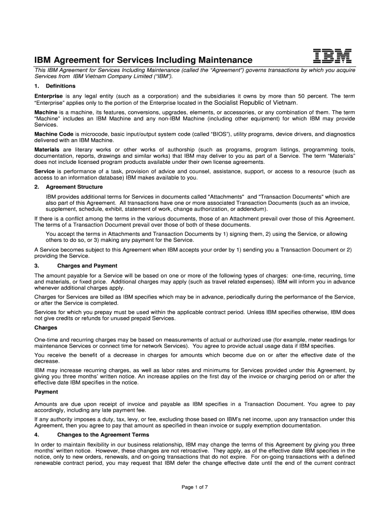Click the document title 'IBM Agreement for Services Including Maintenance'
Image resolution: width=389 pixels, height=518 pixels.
[x=143, y=60]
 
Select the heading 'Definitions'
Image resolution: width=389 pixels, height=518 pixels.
[x=61, y=86]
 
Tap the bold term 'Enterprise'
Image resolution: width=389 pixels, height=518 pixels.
[x=48, y=96]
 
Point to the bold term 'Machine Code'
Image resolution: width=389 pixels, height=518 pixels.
[x=53, y=134]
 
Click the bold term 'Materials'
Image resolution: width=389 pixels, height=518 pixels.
[x=46, y=150]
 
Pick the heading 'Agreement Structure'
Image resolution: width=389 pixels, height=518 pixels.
[x=74, y=187]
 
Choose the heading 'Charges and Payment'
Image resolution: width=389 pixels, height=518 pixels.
[x=87, y=266]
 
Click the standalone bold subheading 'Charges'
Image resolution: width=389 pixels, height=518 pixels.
[x=46, y=327]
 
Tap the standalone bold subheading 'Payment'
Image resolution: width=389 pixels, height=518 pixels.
[x=46, y=392]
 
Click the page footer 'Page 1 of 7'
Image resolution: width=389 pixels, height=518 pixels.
[x=194, y=487]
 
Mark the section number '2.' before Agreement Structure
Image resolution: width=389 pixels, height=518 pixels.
[x=36, y=187]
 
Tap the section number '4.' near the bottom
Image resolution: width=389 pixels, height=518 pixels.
[x=36, y=435]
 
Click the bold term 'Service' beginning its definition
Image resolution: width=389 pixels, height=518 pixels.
[x=44, y=171]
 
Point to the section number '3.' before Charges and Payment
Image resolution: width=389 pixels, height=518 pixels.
[x=36, y=266]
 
